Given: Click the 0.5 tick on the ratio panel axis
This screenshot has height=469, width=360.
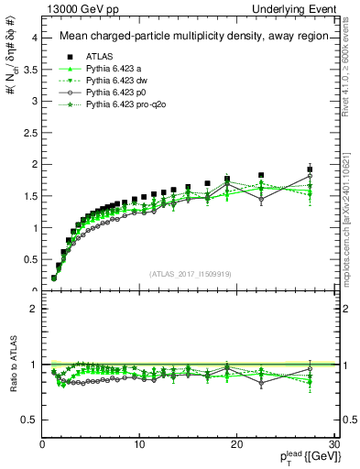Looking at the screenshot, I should (x=30, y=420).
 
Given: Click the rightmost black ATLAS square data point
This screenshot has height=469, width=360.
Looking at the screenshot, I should (x=310, y=169).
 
